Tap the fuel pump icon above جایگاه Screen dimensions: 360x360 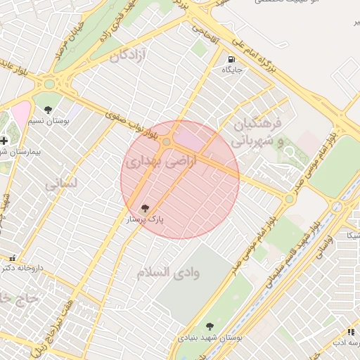coord(232,59)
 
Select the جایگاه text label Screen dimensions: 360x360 coord(232,70)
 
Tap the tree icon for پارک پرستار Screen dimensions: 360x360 coord(146,208)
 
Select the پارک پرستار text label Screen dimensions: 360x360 coord(145,219)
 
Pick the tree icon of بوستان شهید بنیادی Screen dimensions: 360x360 coord(209,326)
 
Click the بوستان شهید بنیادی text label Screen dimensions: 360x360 coord(210,337)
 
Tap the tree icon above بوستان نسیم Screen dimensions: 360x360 coord(48,109)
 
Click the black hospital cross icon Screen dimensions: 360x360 coord(4,140)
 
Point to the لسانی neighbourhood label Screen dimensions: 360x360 coord(60,184)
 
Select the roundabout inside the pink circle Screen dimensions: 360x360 coord(167,142)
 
